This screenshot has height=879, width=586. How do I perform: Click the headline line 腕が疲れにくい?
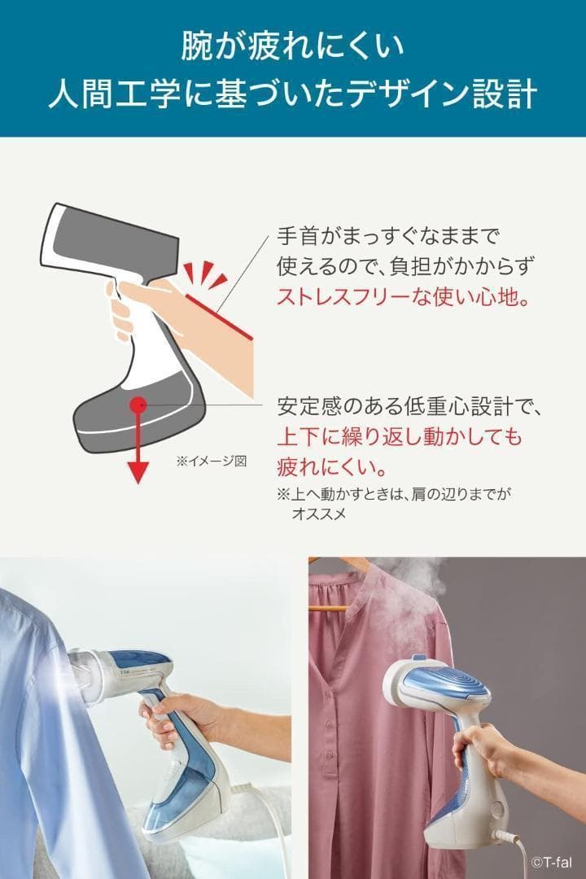point(293,46)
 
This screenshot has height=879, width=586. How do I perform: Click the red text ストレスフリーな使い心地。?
point(404,296)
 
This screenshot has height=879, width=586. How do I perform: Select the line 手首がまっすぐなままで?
point(388,235)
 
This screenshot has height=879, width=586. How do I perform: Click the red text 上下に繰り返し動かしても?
point(400,435)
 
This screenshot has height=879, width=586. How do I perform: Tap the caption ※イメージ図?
point(212,461)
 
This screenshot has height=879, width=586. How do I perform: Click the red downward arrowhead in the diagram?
point(138,473)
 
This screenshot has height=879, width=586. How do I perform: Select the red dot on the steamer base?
point(138,403)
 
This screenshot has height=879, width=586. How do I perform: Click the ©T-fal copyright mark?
point(552,862)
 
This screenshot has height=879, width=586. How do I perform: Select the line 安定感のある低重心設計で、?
point(409,406)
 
